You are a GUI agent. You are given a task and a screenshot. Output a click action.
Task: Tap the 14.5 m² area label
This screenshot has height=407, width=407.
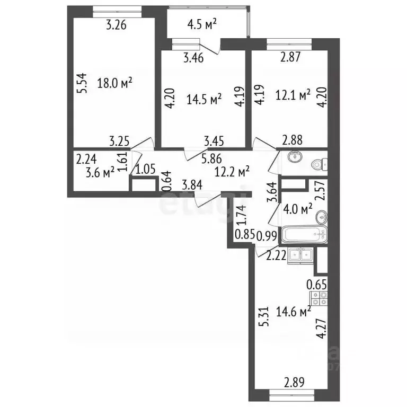click(204, 99)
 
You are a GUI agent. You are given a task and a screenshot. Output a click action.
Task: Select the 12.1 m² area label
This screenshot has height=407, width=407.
click(293, 95)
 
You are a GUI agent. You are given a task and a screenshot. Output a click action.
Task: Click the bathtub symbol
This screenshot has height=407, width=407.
click(300, 235)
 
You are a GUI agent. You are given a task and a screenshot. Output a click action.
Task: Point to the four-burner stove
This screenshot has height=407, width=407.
click(318, 301)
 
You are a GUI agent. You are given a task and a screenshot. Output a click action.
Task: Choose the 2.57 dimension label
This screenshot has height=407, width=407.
click(319, 190)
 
